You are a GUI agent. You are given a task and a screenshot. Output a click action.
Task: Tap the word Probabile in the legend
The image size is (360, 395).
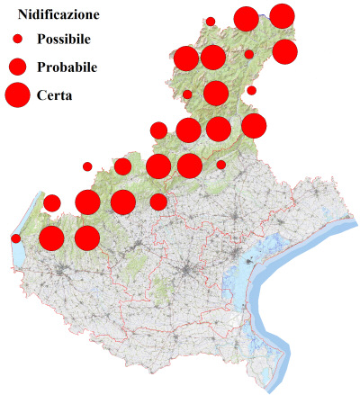67,67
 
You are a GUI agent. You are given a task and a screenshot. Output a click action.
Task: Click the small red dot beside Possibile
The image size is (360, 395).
17,40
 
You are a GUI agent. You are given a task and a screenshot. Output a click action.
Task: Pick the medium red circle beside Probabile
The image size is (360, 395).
17,67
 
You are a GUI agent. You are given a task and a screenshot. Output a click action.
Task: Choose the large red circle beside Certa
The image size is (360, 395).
17,94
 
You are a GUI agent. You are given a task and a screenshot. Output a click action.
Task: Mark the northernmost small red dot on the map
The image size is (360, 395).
211,21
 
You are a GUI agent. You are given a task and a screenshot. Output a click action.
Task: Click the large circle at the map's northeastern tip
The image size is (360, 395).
282,15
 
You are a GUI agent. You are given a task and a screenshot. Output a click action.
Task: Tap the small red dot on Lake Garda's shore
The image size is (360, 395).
16,238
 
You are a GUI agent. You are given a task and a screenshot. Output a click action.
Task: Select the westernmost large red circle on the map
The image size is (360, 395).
50,238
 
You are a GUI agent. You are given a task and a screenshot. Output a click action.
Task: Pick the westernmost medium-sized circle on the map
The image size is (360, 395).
51,202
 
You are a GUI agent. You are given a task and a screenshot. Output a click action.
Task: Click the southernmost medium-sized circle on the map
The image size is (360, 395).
158,202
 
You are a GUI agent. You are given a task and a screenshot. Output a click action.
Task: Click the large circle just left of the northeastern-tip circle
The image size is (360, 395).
246,18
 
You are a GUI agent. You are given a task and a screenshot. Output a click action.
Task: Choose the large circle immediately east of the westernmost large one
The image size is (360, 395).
86,238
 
